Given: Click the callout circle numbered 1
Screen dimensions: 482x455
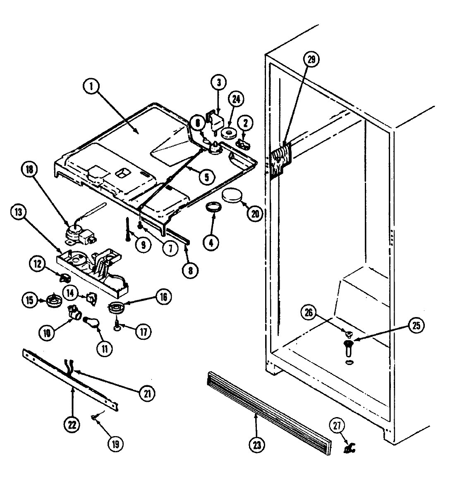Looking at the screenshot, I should click(x=92, y=87).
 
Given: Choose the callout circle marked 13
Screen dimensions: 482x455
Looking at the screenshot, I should click(x=19, y=213).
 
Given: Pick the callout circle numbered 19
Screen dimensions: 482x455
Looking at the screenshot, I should click(x=115, y=444).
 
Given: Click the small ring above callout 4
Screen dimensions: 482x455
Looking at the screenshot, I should click(x=212, y=208).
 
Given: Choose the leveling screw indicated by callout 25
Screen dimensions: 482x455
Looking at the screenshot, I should click(x=348, y=346).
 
